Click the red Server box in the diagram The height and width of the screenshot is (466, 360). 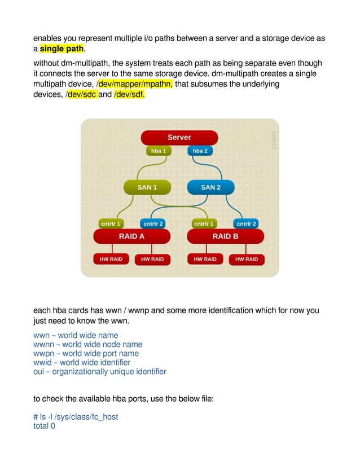(x=179, y=138)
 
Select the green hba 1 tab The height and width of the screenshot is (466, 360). (x=158, y=151)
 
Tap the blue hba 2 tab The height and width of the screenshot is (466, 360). (x=200, y=151)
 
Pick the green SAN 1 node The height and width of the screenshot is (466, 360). (x=147, y=187)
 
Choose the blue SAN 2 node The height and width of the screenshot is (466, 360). (x=210, y=187)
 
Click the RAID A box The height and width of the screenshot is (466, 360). (x=131, y=236)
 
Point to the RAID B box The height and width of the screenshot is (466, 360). (x=225, y=236)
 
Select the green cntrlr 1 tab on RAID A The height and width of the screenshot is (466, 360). (x=111, y=224)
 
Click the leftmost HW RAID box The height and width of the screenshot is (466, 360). (x=111, y=260)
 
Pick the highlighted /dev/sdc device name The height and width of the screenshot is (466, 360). (x=81, y=94)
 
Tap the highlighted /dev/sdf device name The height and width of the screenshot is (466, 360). (x=129, y=94)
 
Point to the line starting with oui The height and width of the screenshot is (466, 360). (x=100, y=371)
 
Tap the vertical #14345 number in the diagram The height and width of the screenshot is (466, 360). (x=274, y=140)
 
